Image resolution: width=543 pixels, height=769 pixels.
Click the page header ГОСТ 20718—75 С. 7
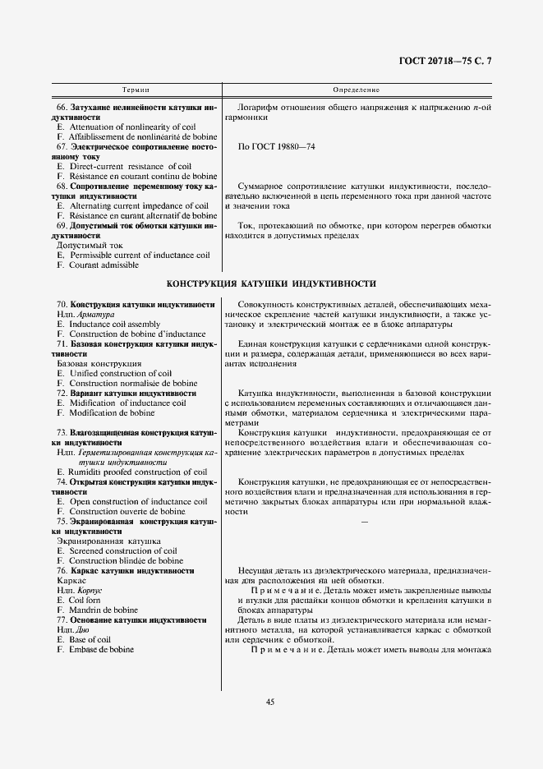tap(458, 62)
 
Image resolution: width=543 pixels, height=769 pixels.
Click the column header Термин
tap(136, 89)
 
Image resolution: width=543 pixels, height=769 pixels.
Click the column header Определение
tap(356, 89)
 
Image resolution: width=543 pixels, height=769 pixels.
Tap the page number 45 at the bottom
tap(270, 701)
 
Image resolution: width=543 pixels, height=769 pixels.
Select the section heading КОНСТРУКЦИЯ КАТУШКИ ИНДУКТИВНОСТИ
tap(271, 284)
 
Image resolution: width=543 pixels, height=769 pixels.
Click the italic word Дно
tap(86, 629)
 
